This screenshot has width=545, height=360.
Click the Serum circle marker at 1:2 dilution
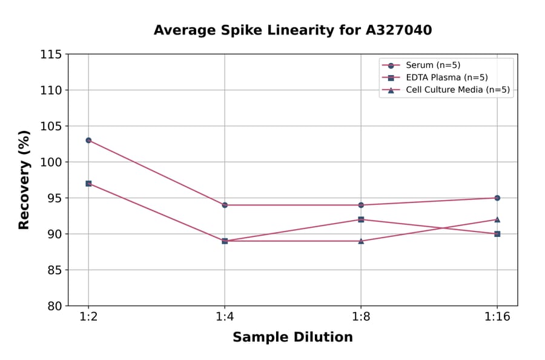[x=88, y=140]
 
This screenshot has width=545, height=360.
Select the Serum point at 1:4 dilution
[x=225, y=205]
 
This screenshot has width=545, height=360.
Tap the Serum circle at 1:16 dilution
[x=497, y=198]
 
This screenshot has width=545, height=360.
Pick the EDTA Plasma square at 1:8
[x=361, y=219]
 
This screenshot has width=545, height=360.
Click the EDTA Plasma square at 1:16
[x=497, y=233]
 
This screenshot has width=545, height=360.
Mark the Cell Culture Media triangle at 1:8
[x=361, y=241]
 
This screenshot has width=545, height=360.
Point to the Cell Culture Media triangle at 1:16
[x=497, y=219]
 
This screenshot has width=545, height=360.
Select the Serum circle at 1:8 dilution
[x=361, y=205]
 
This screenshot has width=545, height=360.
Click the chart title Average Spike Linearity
[x=292, y=30]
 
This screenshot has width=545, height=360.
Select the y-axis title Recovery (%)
[x=24, y=180]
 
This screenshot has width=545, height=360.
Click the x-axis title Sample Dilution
[x=292, y=338]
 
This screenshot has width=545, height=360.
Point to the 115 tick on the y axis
[x=51, y=55]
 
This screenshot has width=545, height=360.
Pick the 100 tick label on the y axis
[x=51, y=162]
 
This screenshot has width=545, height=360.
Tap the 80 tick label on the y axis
[x=54, y=305]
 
